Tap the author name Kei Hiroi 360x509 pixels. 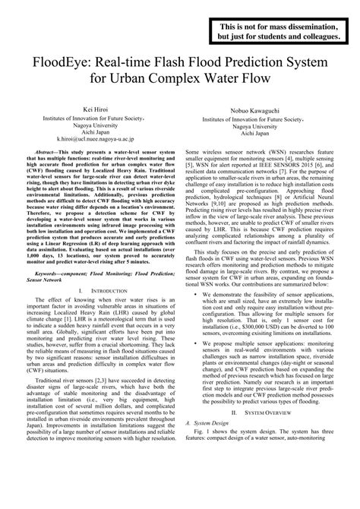pos(94,111)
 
